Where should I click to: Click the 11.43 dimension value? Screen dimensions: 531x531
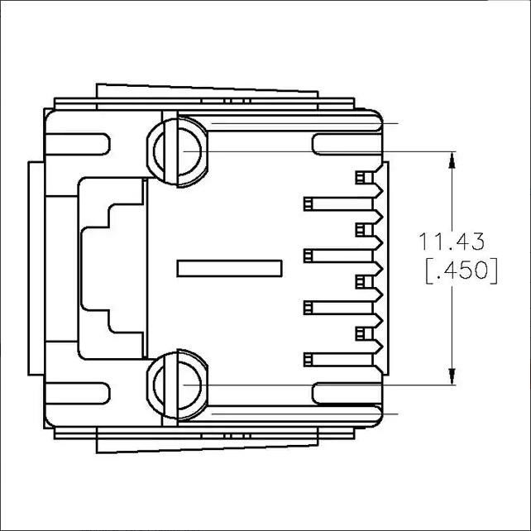point(452,242)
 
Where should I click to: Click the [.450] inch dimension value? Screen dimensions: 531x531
point(462,271)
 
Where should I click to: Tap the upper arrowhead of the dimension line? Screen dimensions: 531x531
point(452,160)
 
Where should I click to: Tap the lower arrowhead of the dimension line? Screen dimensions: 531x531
point(452,376)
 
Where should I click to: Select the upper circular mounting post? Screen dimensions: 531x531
point(178,151)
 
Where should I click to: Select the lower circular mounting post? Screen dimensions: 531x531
point(178,385)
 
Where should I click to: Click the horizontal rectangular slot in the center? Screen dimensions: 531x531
point(230,269)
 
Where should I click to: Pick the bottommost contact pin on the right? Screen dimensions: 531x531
point(338,359)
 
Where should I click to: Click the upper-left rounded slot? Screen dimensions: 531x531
point(78,144)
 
